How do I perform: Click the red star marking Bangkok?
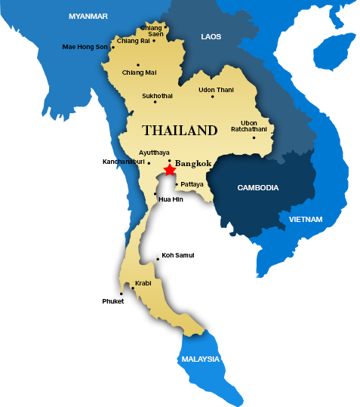[169, 170]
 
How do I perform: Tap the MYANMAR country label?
[88, 16]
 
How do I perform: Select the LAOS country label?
[211, 36]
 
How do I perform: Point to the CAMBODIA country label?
[258, 187]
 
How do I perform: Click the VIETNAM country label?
[305, 220]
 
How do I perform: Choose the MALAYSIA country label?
[201, 359]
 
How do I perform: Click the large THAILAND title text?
[180, 131]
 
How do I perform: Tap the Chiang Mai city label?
[139, 72]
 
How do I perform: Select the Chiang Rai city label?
[133, 41]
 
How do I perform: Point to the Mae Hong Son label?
[85, 47]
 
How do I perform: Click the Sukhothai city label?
[157, 96]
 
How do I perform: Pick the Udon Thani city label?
[216, 90]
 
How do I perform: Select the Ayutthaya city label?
[155, 153]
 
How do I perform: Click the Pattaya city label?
[192, 183]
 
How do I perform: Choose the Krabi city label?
[143, 283]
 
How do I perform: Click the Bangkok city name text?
[193, 163]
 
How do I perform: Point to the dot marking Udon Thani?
[213, 97]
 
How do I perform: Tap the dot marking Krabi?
[134, 288]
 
